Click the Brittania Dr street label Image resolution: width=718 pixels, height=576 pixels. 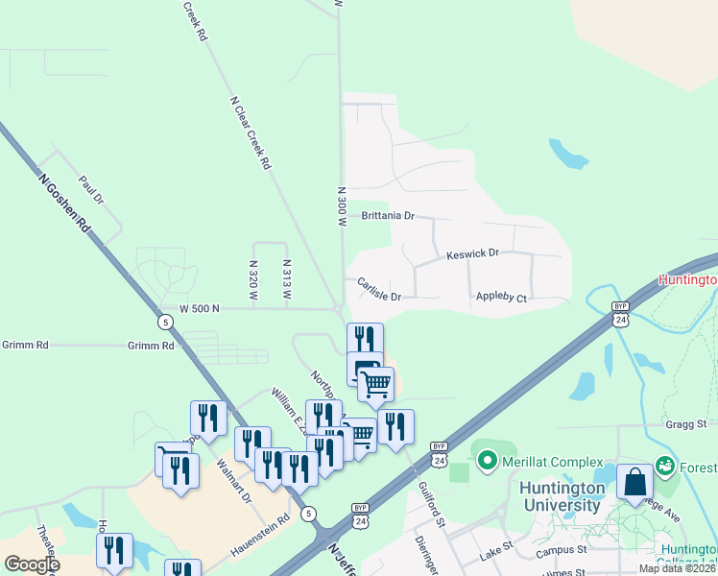click(388, 216)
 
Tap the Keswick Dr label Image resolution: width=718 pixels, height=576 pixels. click(473, 254)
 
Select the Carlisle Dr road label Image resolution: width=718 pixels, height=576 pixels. click(378, 290)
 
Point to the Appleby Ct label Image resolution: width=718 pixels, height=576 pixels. click(502, 299)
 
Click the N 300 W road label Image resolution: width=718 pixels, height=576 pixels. click(341, 205)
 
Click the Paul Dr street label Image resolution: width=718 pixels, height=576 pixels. click(91, 189)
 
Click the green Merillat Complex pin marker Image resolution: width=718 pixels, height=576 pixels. click(487, 462)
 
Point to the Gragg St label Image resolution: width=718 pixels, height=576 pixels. click(685, 423)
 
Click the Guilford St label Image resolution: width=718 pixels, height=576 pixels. click(431, 506)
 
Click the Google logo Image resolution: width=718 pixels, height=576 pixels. click(32, 564)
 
